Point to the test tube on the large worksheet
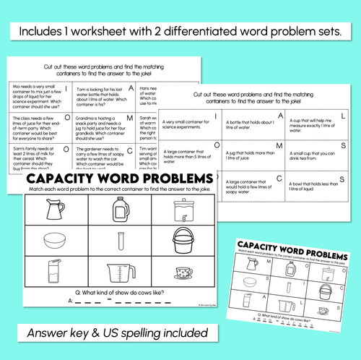coord(117,242)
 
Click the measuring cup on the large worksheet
coord(117,274)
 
